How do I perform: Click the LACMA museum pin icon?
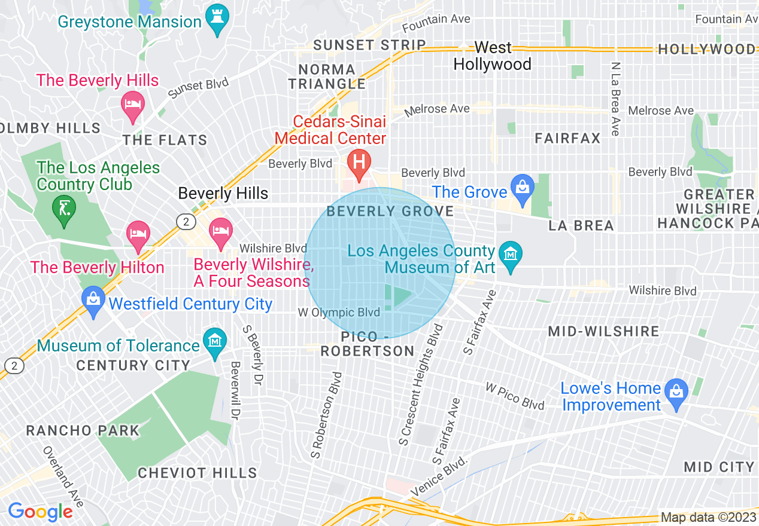coord(511,254)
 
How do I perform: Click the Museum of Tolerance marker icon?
coord(214,344)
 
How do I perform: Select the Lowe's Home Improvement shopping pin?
coord(676,395)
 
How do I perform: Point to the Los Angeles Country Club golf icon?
coord(63,210)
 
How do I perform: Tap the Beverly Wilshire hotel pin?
coord(221,234)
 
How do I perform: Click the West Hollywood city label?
coord(493,56)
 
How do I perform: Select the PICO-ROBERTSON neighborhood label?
coord(367,344)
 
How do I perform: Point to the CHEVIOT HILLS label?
coord(198,473)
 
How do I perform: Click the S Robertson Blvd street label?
coord(326,415)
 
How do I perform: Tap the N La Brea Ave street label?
coord(615,98)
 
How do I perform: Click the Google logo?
coord(40,512)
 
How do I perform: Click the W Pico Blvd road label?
coord(515,396)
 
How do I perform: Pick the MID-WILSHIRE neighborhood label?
coord(603,331)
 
